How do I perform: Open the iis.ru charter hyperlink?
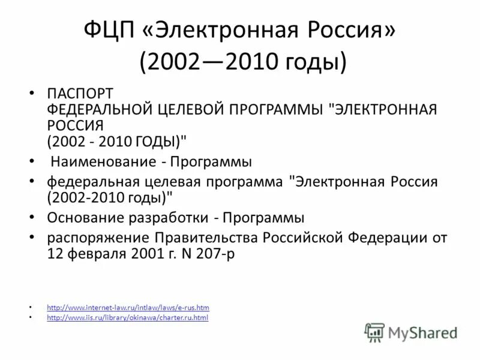pos(127,317)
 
